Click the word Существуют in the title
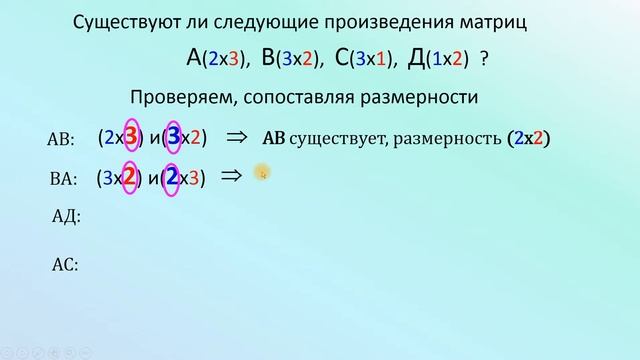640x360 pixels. tap(125, 22)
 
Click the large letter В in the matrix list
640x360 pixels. tap(269, 58)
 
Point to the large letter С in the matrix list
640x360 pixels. tap(342, 58)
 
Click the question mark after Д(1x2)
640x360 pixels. tap(485, 60)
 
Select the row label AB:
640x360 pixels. tap(62, 140)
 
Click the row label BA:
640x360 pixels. tap(62, 180)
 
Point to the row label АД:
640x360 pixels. tap(65, 216)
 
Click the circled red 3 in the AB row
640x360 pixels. tap(130, 138)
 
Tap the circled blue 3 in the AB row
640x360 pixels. tap(175, 138)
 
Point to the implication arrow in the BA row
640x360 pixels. tap(231, 176)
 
